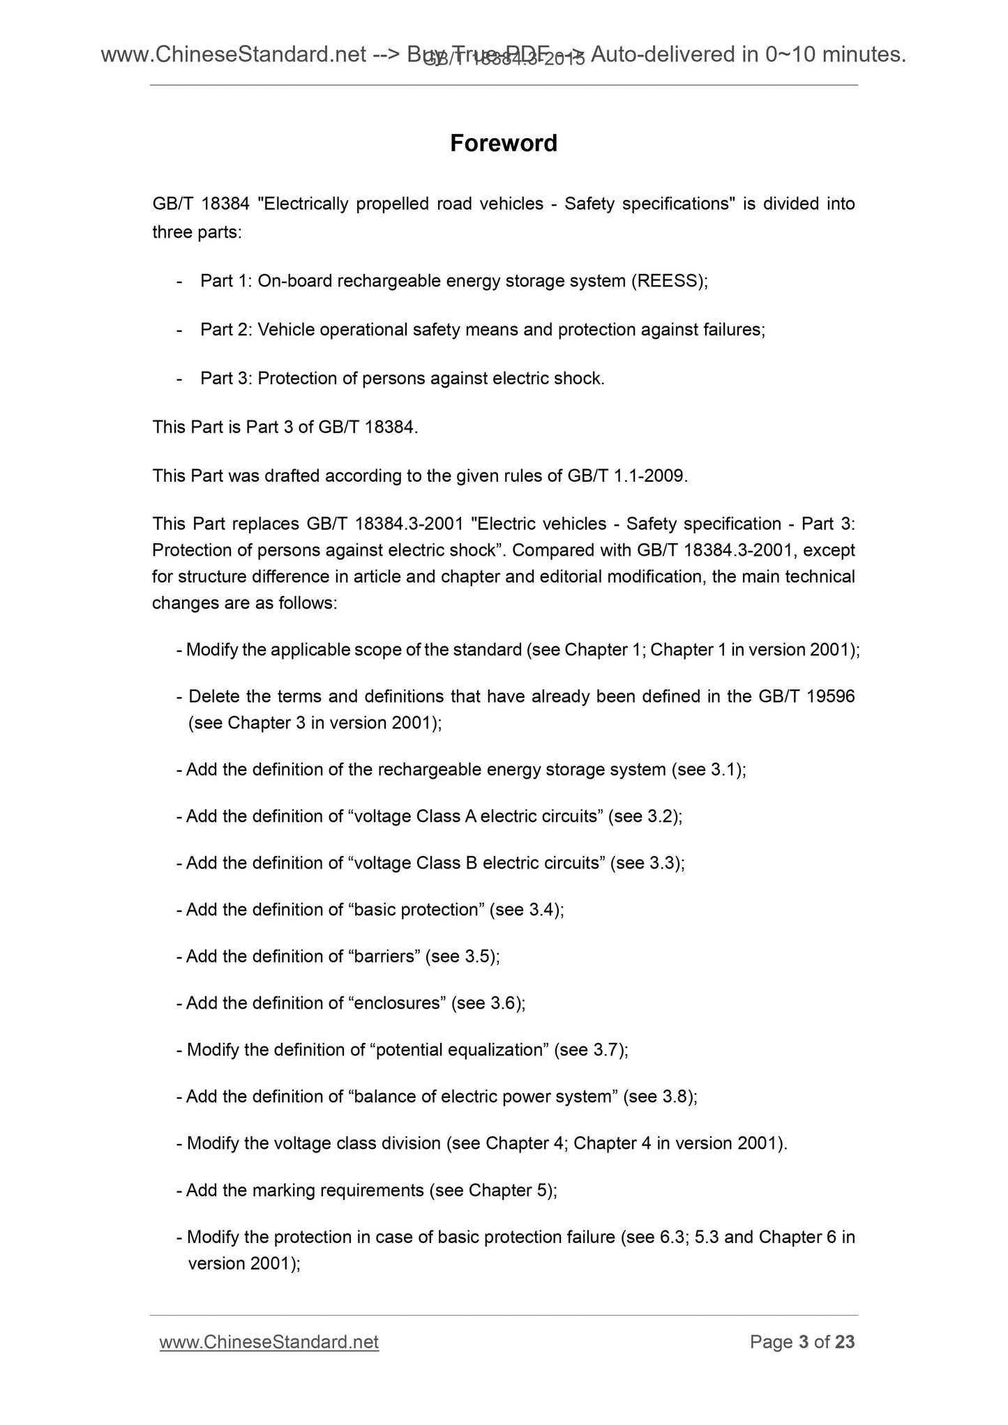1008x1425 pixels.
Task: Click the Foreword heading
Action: tap(503, 143)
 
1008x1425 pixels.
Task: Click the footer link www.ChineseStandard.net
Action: tap(269, 1342)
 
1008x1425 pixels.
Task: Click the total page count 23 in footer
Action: tap(844, 1342)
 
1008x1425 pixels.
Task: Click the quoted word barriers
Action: tap(384, 957)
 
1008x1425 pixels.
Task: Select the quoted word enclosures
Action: tap(396, 1003)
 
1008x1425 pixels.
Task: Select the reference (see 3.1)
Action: tap(709, 770)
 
